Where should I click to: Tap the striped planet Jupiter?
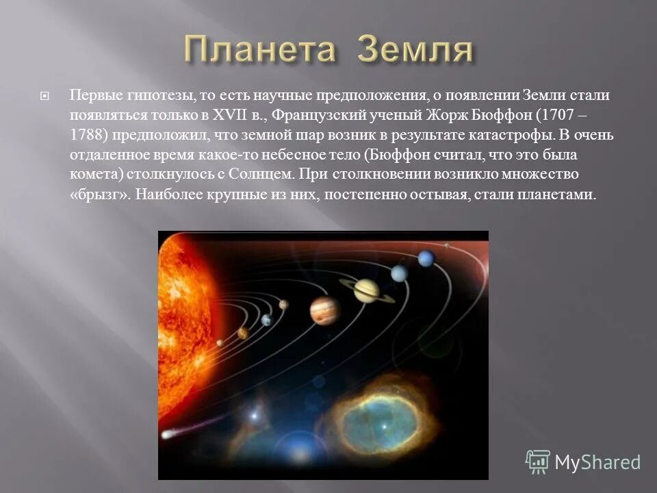(325, 310)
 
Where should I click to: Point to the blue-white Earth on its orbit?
(266, 320)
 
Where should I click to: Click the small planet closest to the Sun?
(220, 343)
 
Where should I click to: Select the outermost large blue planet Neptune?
(426, 258)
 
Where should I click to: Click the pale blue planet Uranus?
(399, 273)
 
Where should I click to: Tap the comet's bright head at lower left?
(167, 434)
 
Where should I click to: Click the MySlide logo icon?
(537, 462)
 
